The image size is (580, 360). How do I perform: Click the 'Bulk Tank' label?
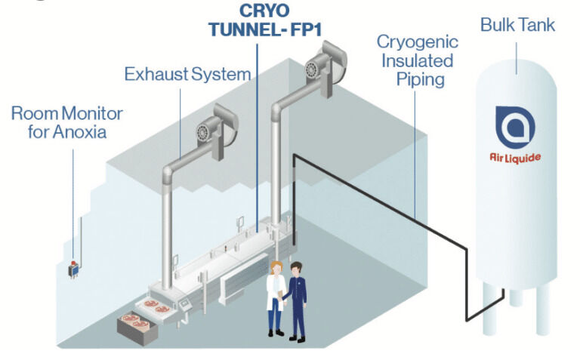pyautogui.click(x=517, y=25)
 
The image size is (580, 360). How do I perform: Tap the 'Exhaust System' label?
pyautogui.click(x=187, y=74)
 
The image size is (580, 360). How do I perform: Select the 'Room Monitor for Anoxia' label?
pyautogui.click(x=66, y=122)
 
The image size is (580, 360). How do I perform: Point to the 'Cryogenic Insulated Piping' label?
pyautogui.click(x=415, y=60)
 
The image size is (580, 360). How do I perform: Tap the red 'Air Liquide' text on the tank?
pyautogui.click(x=516, y=158)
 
